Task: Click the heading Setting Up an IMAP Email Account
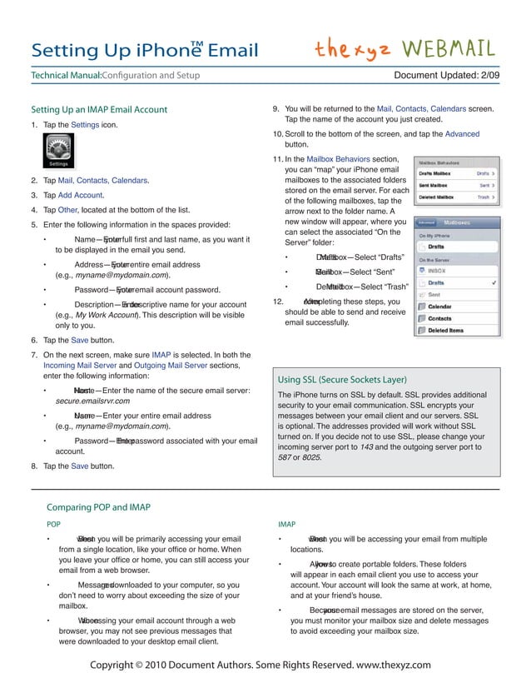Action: (99, 109)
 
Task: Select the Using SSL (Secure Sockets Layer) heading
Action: (346, 379)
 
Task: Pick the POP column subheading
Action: (52, 524)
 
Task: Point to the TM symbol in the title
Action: (197, 43)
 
